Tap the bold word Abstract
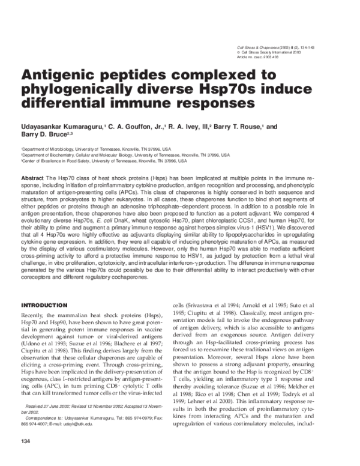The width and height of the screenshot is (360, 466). [32, 180]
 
